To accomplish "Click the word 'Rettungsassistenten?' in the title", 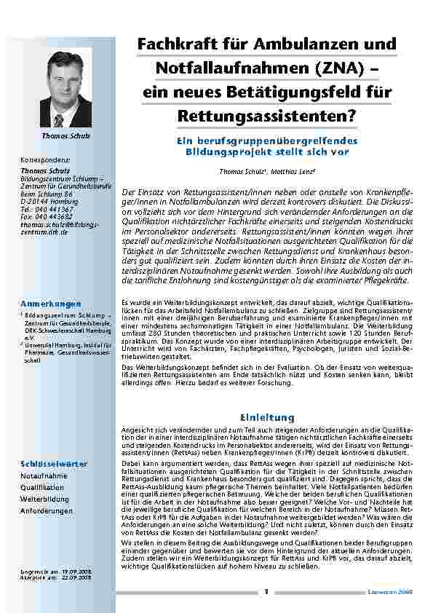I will [x=266, y=114].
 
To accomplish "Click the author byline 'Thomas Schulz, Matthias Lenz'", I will [x=266, y=172].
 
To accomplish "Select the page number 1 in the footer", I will [x=266, y=592].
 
